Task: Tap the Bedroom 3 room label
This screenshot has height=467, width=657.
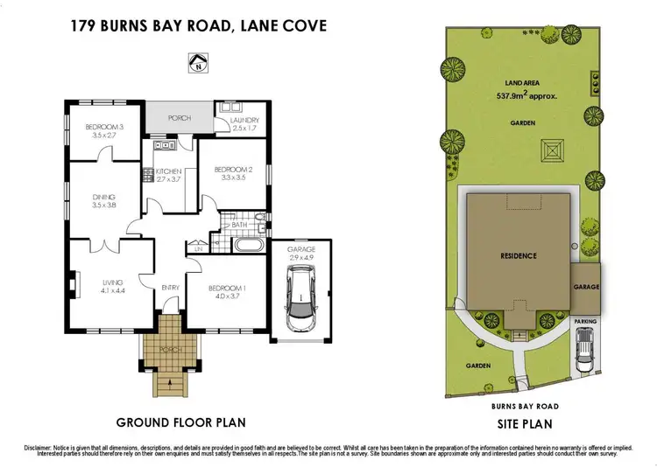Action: [100, 128]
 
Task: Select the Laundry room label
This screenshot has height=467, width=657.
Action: [246, 120]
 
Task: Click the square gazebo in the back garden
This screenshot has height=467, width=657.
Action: [553, 150]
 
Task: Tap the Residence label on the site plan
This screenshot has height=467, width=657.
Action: [518, 256]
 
